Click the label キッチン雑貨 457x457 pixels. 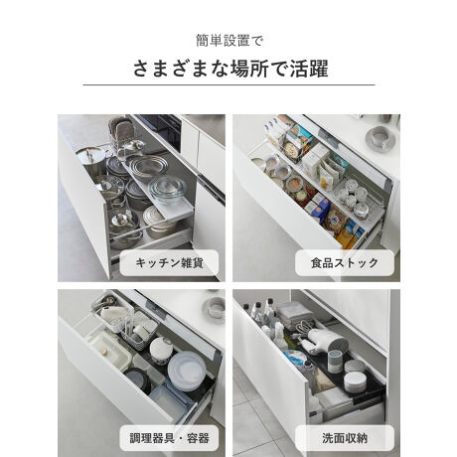point(169,263)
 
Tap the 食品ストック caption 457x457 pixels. point(345,263)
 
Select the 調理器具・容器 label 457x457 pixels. point(169,438)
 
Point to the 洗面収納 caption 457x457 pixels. point(345,438)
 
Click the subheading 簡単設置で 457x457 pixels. point(228,41)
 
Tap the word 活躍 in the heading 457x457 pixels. point(309,69)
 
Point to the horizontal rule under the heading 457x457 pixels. point(228,84)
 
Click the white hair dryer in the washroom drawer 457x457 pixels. point(326,340)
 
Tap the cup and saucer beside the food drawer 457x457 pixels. point(381,138)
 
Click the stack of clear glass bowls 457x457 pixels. point(168,190)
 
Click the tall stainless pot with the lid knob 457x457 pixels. point(90,160)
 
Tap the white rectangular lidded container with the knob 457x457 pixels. point(107,351)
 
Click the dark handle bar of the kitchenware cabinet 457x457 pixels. point(211,190)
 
